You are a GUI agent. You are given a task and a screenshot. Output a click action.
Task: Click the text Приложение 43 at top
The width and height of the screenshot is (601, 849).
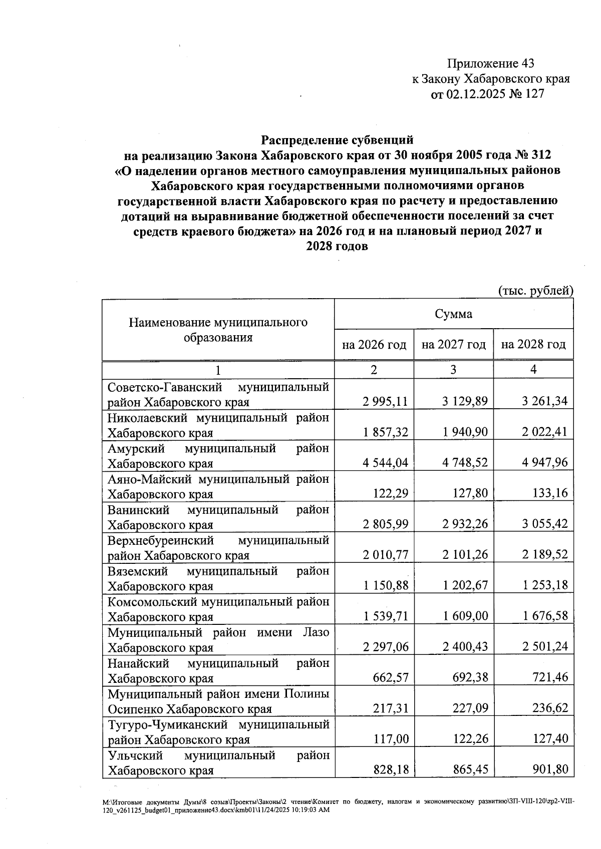coord(490,64)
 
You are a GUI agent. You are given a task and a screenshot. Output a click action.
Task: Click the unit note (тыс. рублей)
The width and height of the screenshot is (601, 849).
coord(535,291)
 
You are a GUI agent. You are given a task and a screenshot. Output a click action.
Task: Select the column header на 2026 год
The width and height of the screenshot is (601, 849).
coord(374,345)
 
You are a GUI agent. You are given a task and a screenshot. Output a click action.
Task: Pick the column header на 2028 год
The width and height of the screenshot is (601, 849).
coord(533,345)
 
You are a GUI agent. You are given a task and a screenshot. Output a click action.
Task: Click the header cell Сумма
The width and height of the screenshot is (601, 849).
coord(453,314)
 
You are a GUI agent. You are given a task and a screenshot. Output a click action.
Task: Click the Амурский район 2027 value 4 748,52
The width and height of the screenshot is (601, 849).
coord(465,463)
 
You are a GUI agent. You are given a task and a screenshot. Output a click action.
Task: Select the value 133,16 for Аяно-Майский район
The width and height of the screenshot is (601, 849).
coord(550,493)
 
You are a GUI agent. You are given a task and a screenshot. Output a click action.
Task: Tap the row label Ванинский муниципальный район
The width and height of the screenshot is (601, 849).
coord(218,517)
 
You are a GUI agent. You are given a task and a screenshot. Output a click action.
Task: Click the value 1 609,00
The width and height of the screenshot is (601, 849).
coord(465,616)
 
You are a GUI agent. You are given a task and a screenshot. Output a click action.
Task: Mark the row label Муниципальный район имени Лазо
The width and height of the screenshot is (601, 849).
coord(218,640)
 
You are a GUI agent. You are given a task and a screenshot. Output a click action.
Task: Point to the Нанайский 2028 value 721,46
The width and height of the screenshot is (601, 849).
coord(550,678)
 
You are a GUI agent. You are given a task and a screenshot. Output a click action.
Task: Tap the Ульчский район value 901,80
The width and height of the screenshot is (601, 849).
coord(550,770)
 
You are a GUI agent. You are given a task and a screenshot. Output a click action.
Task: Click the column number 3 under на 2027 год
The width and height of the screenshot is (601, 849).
coord(453,370)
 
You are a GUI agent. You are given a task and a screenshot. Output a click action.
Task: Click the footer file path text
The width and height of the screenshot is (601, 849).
coord(338,806)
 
